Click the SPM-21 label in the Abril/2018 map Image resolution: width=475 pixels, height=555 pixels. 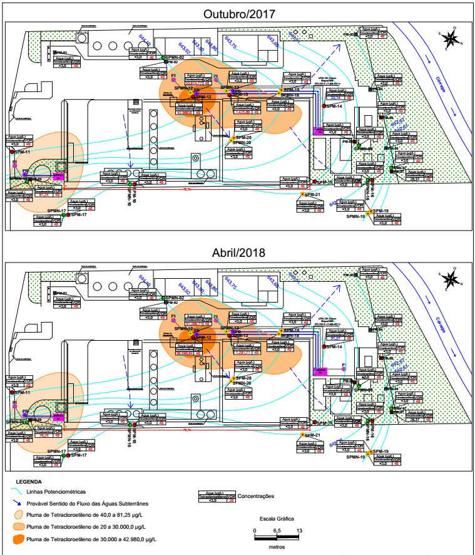tap(312, 435)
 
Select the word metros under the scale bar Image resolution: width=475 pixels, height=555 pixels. tap(276, 546)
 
